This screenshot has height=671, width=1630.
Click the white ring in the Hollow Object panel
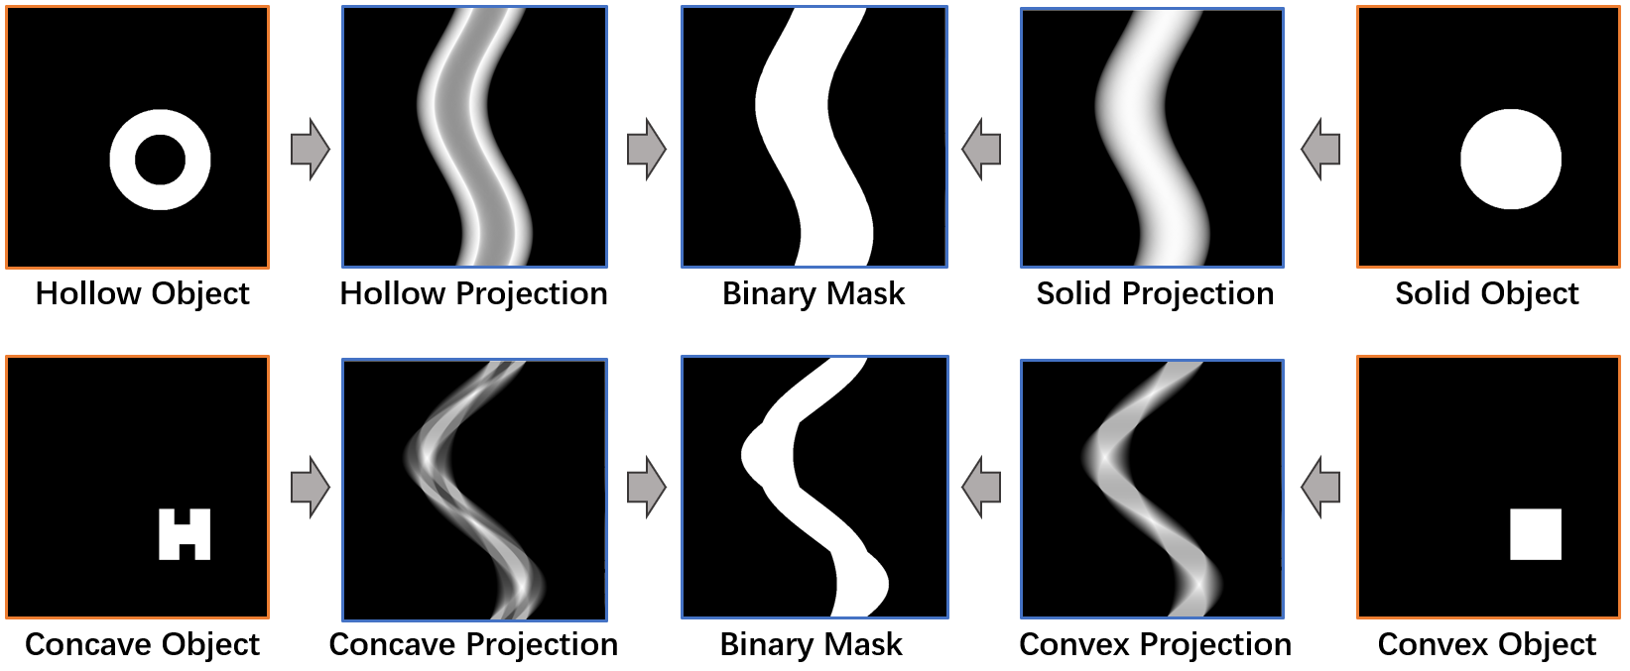[x=124, y=160]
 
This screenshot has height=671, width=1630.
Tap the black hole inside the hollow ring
[x=160, y=160]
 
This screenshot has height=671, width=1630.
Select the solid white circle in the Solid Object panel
[x=1510, y=159]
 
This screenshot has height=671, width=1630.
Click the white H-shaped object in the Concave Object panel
[x=185, y=534]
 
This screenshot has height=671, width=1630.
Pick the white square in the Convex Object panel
[x=1535, y=534]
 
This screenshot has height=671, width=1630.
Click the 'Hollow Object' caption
[x=142, y=294]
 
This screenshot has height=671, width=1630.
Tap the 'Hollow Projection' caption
[x=473, y=294]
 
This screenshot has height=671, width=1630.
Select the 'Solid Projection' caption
[x=1155, y=294]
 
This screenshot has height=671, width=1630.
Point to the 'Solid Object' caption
[x=1486, y=294]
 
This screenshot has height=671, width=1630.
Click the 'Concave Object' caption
[x=142, y=645]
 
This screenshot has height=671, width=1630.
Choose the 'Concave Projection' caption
[x=473, y=645]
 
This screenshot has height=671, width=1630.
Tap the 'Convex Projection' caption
[x=1155, y=645]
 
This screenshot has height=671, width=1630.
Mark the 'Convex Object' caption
[x=1486, y=645]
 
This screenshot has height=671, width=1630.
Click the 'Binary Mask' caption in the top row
[x=814, y=294]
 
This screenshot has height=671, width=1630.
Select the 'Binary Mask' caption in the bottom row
[x=811, y=645]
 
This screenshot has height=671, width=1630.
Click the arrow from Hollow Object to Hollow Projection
[x=310, y=150]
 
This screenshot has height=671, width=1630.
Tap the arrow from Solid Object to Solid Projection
[x=1320, y=150]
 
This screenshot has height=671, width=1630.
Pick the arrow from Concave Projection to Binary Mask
[x=647, y=487]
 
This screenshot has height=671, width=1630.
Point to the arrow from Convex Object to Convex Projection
[x=1320, y=487]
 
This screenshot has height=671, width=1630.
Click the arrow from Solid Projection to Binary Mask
[x=981, y=150]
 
